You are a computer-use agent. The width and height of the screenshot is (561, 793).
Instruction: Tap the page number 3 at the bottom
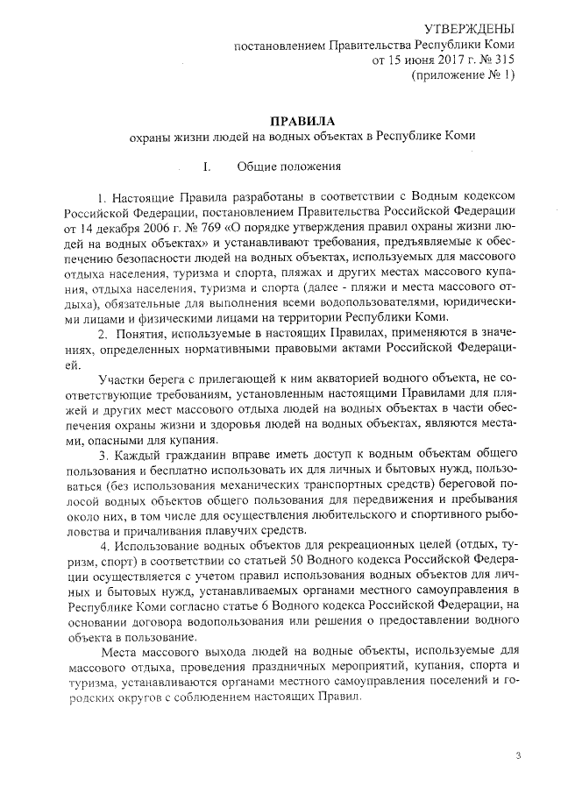coord(518,756)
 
